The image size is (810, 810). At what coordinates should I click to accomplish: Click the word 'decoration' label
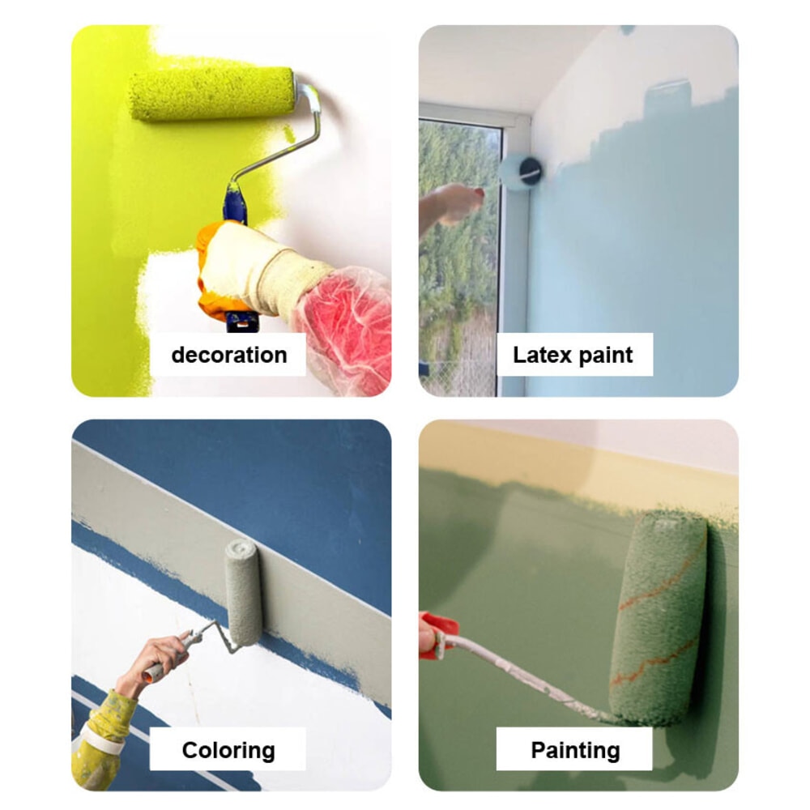coord(229,355)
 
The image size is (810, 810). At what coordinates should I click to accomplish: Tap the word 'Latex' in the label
coord(543,355)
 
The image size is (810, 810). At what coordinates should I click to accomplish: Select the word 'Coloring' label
coord(228,751)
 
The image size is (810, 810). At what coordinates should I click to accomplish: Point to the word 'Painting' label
coord(575,751)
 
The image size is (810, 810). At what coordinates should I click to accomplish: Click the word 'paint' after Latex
coord(605,356)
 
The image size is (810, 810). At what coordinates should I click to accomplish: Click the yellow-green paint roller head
coord(211,94)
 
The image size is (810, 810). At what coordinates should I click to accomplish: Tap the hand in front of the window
coord(454,204)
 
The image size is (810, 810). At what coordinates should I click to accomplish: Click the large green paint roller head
coord(659,617)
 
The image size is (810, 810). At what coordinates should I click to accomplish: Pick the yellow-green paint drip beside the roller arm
coord(289,135)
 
